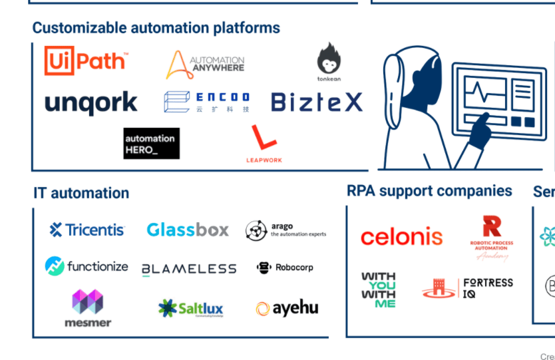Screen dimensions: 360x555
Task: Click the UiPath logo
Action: click(x=85, y=61)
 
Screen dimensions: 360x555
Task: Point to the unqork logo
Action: click(x=91, y=103)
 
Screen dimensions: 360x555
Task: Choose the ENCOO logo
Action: click(x=207, y=102)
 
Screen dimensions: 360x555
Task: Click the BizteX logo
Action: click(x=317, y=102)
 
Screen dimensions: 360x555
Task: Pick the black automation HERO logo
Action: click(x=151, y=143)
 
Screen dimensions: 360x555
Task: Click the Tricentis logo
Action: click(x=87, y=230)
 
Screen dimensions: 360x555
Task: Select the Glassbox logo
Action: click(x=188, y=230)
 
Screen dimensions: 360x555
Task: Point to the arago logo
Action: click(x=285, y=230)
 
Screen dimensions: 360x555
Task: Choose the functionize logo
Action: click(x=87, y=266)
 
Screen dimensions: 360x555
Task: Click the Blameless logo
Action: click(x=189, y=269)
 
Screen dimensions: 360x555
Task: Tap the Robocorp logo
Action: click(x=284, y=268)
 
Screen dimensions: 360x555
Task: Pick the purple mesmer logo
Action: click(x=88, y=308)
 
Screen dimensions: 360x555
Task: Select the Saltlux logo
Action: click(x=191, y=308)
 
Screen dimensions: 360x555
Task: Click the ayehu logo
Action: click(x=287, y=308)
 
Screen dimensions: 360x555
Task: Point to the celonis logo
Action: click(x=401, y=236)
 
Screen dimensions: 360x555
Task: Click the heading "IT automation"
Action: click(x=81, y=193)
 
